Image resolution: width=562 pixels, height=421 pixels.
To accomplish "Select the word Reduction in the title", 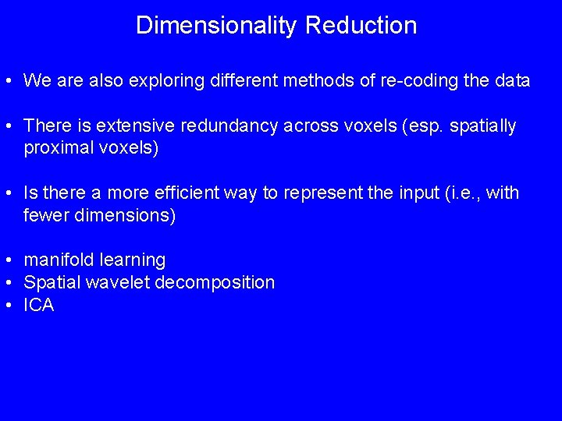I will [x=361, y=25].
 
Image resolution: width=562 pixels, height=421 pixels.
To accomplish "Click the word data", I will [x=512, y=80].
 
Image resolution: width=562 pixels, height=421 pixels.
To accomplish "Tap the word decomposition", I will [x=215, y=282].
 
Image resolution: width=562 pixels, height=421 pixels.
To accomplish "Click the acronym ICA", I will [x=39, y=305].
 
